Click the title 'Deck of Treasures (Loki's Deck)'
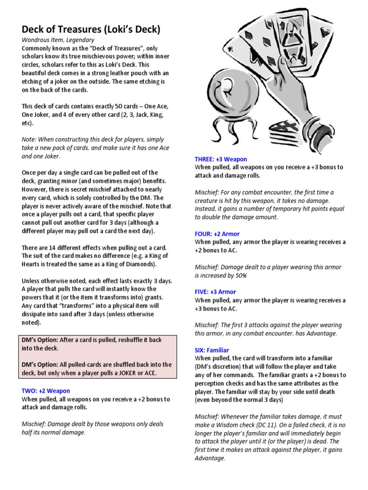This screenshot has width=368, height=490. [x=91, y=30]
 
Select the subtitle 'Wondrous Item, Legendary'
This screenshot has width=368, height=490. [x=58, y=40]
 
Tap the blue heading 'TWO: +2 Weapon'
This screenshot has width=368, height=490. [x=46, y=391]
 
